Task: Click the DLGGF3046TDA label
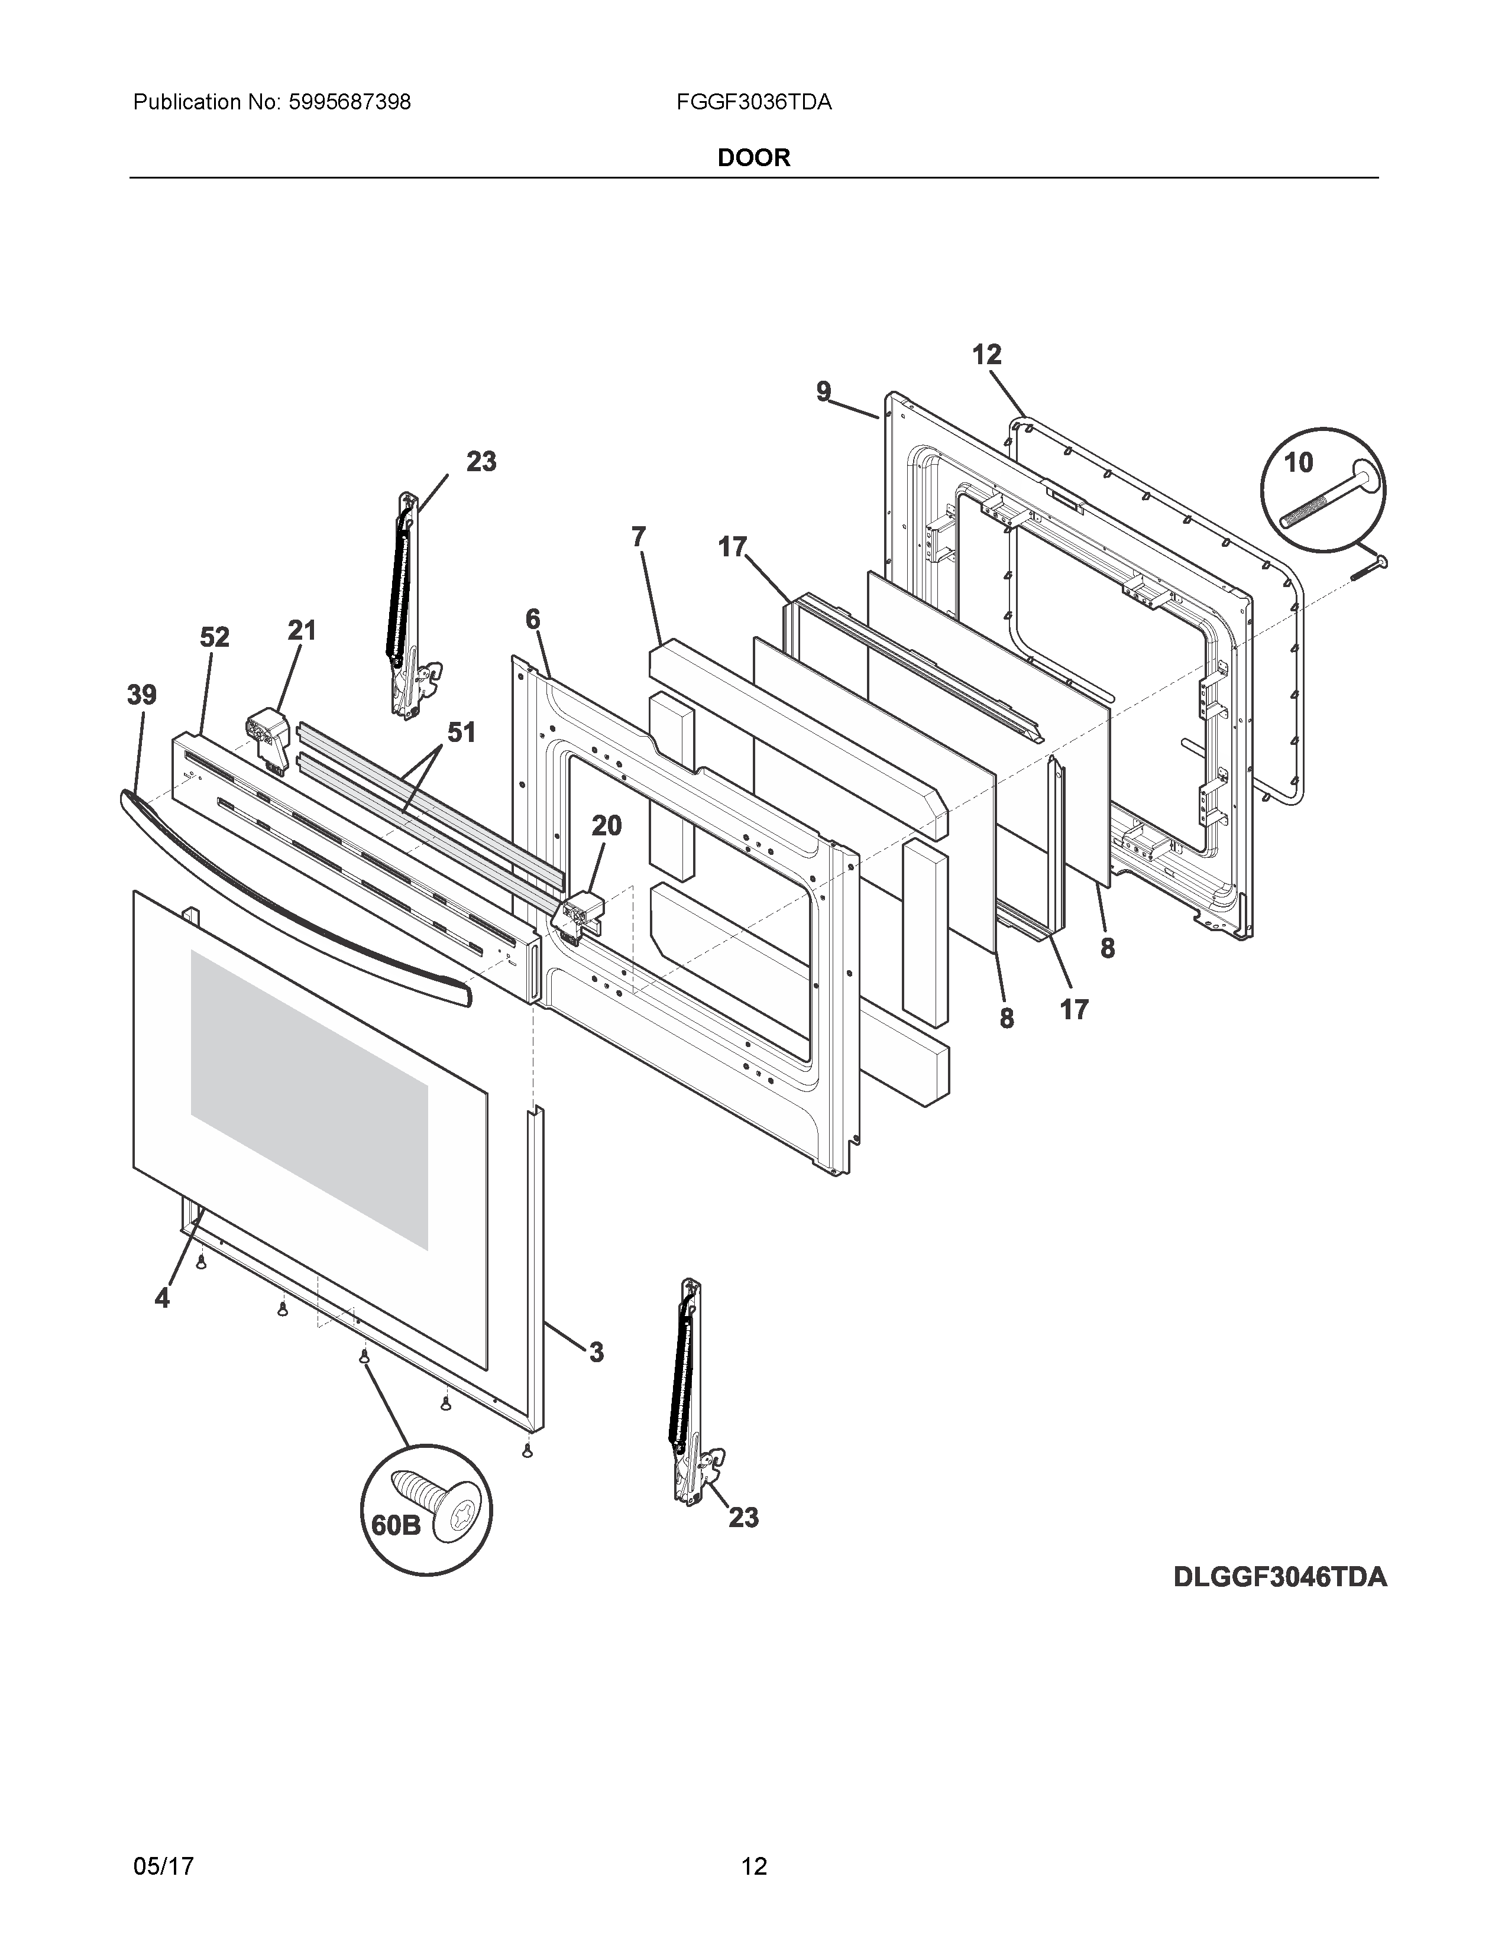(1279, 1577)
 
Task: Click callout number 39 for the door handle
(142, 695)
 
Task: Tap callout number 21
(302, 631)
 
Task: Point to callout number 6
(532, 619)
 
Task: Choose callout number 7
(638, 537)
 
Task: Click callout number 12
(987, 355)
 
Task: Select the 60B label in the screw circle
(396, 1525)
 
